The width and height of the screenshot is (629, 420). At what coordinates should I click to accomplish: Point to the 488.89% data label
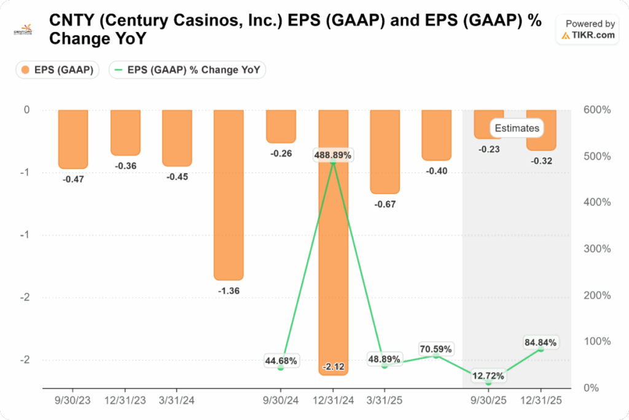[332, 156]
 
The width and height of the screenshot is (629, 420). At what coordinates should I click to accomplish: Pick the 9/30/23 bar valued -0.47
[73, 139]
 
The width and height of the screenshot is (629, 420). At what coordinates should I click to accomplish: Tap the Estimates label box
[517, 128]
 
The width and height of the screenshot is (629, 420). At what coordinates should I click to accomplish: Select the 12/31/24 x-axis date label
[332, 399]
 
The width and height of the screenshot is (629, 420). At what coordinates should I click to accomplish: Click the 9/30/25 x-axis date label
[488, 399]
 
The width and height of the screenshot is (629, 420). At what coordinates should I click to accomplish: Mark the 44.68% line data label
[281, 361]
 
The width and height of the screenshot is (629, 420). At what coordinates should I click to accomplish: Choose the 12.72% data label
[488, 376]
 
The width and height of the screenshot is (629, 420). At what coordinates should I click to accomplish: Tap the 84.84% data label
[541, 342]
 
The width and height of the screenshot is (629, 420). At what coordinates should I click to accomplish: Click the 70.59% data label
[436, 349]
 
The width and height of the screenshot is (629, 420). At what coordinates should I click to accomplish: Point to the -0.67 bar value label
[385, 204]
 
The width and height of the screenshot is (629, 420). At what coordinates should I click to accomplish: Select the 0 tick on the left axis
[26, 110]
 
